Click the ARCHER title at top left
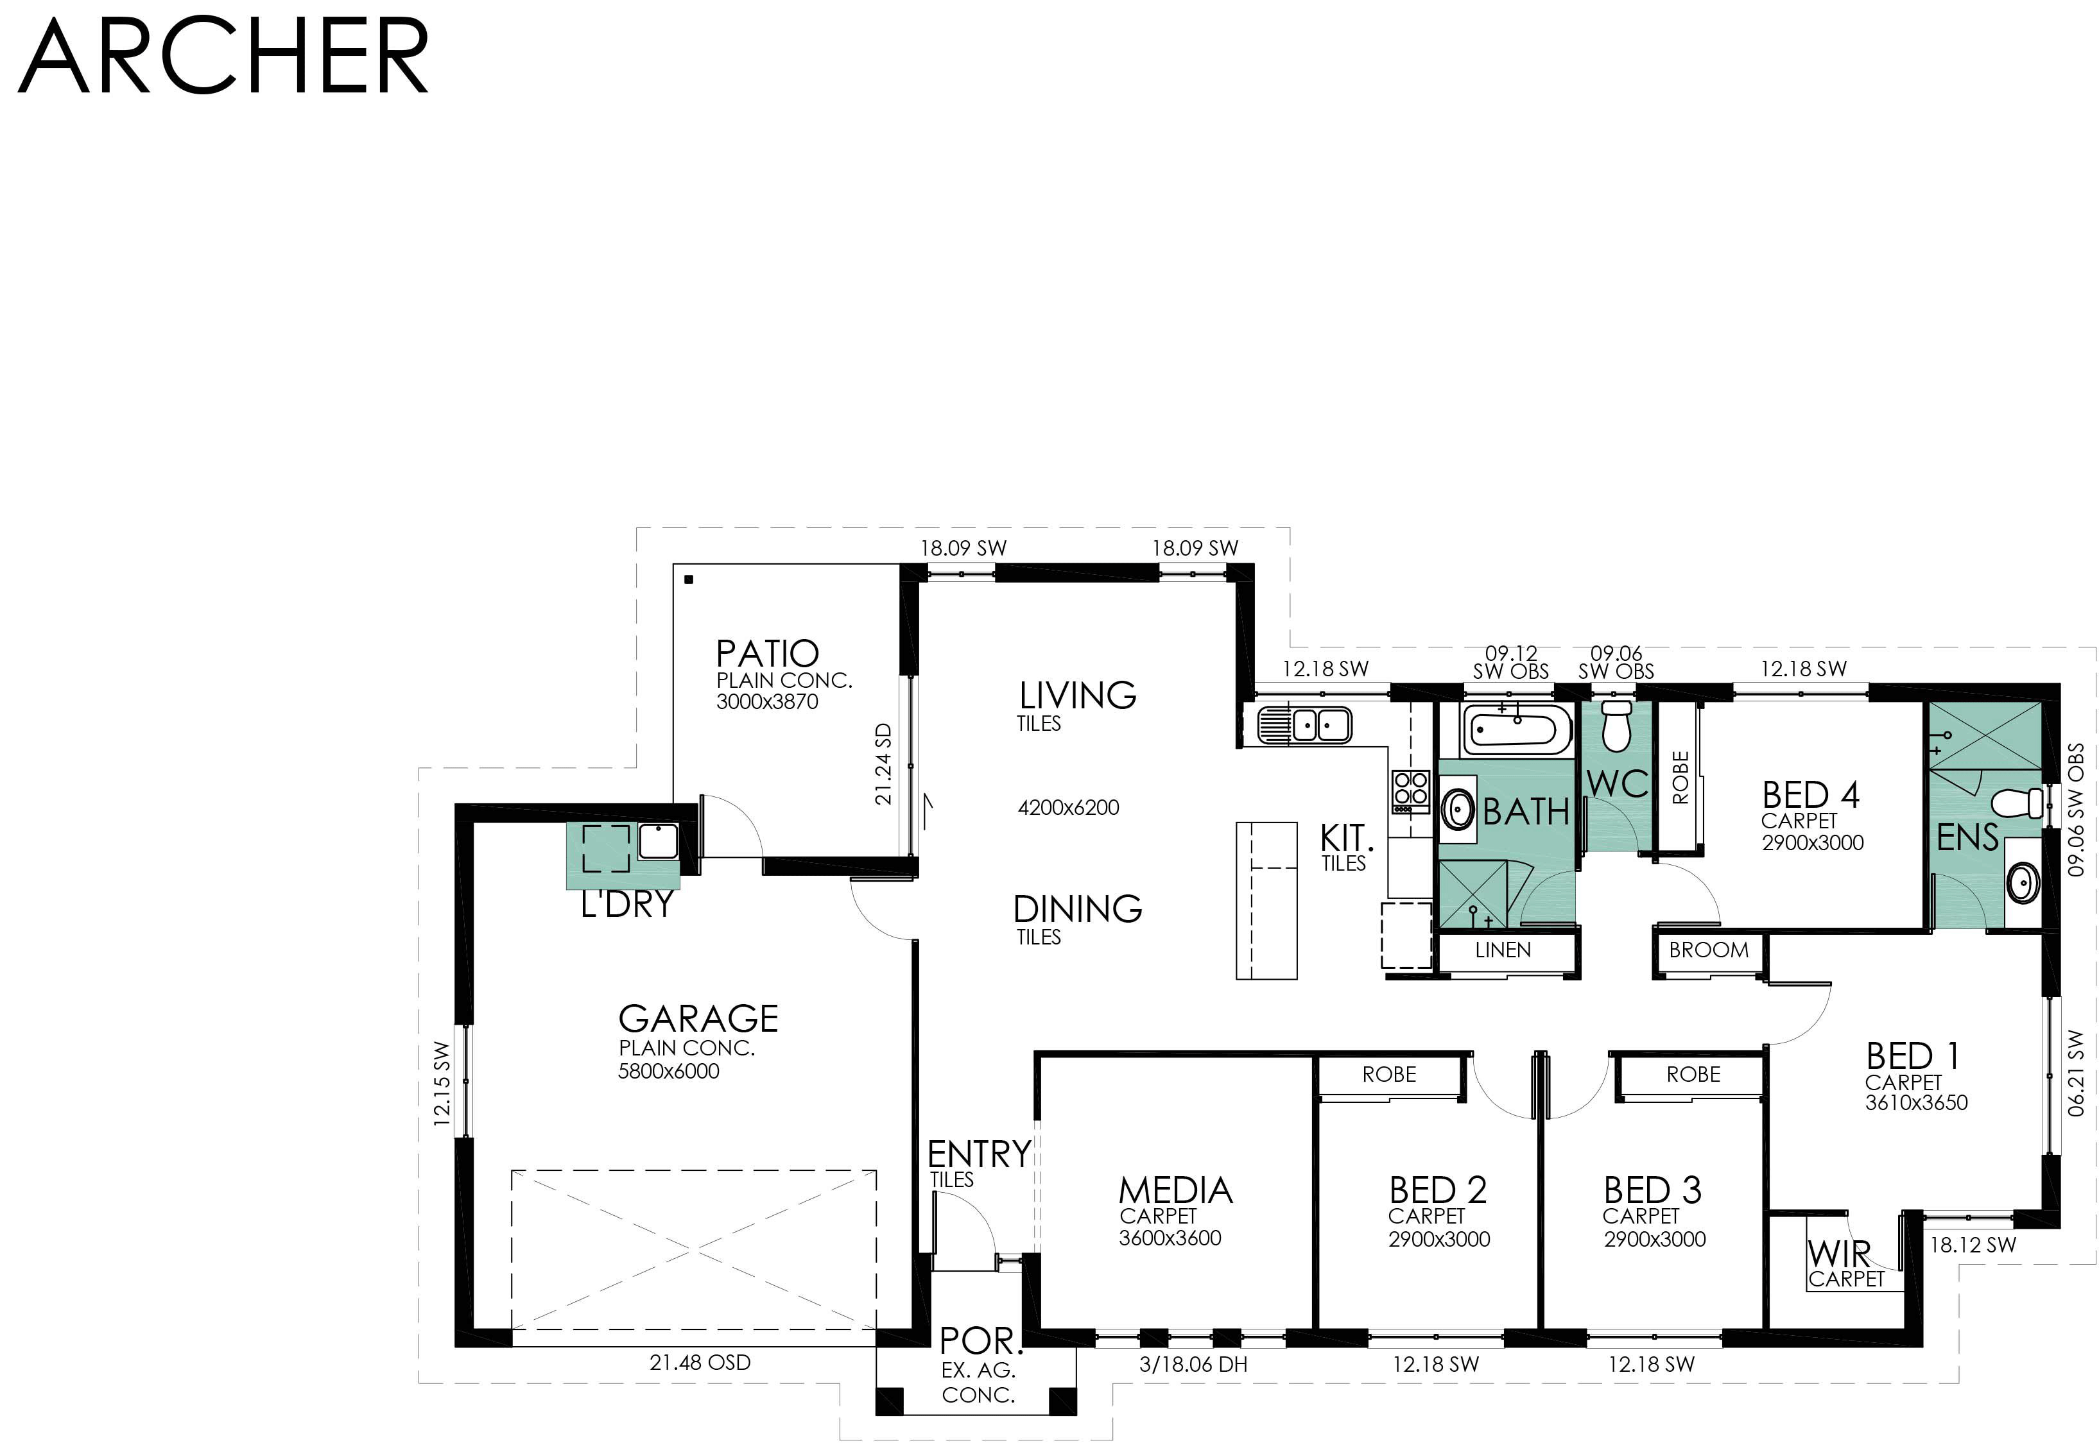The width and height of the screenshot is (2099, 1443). tap(223, 56)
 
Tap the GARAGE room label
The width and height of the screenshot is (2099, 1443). tap(698, 1019)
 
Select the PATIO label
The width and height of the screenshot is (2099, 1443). tap(767, 653)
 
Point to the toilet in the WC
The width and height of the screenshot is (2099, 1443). tap(1615, 727)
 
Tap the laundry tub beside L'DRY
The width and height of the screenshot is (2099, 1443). tap(659, 841)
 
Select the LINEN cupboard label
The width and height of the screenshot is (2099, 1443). tap(1503, 950)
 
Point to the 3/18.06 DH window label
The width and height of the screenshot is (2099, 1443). tap(1194, 1364)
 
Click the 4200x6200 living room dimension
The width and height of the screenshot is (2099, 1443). tap(1069, 807)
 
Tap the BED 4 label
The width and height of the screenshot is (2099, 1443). tap(1811, 795)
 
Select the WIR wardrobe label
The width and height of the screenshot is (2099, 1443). tap(1838, 1254)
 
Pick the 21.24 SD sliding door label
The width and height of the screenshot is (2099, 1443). tap(883, 764)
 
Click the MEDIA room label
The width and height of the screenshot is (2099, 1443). tap(1176, 1190)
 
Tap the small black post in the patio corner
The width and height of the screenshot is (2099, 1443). tap(689, 579)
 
